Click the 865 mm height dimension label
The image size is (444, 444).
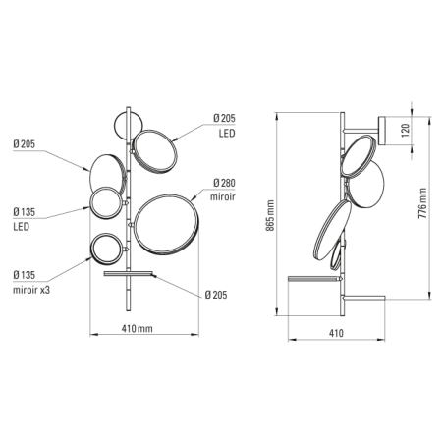coord(270,215)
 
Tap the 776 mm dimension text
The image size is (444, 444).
coord(422,203)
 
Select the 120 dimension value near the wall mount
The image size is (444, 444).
coord(406,130)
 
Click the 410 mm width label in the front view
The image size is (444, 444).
coord(137,328)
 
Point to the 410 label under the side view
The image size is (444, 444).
coord(336,333)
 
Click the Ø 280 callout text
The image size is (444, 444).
coord(224,183)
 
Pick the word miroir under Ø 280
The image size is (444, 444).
coord(223,196)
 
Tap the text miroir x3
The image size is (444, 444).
coord(31,290)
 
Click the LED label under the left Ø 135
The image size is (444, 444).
coord(22,227)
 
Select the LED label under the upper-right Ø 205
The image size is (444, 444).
coord(227,133)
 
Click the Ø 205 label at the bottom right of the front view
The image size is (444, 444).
coord(216,295)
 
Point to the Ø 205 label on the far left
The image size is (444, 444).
coord(24,144)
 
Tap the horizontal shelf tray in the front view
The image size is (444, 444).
coord(129,274)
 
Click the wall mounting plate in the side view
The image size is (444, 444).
coord(383,131)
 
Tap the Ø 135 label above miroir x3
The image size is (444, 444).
coord(24,275)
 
